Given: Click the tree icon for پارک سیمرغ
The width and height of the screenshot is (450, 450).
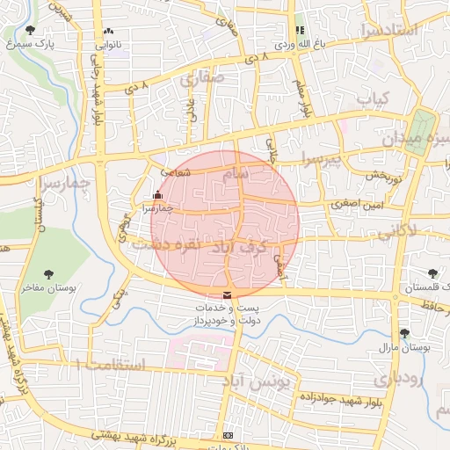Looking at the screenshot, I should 31,30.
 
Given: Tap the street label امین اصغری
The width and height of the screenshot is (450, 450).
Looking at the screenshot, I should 358,204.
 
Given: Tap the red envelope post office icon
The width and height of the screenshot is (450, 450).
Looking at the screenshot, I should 229,294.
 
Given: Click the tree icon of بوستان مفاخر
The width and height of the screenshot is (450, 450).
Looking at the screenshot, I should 48,274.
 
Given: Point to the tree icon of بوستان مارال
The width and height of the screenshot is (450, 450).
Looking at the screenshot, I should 404,333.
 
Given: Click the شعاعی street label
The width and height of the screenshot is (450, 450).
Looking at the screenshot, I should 177,173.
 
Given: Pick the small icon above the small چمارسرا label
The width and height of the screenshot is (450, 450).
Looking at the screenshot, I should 157,194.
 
